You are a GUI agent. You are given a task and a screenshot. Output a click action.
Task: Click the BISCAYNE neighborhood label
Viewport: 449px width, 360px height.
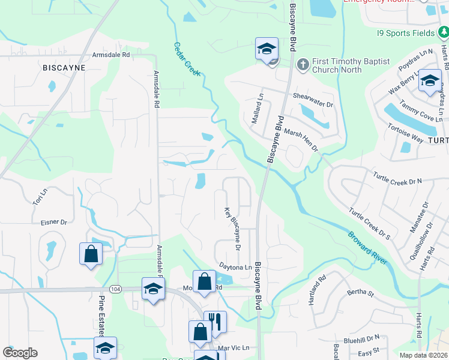[x=64, y=68]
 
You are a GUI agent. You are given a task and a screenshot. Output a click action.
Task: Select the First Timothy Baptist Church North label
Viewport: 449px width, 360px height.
[x=351, y=65]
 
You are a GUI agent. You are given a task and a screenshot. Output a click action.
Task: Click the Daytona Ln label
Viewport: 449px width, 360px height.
[x=234, y=266]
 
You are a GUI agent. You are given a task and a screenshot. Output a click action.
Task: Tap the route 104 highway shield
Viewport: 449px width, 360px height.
[x=116, y=289]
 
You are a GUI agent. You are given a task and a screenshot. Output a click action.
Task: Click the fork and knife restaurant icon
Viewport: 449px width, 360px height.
[x=215, y=322]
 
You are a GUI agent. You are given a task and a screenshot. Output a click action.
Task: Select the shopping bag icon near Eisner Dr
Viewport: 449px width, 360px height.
[x=91, y=254]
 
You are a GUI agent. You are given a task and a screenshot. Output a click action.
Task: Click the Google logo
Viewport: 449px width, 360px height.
[x=20, y=353]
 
